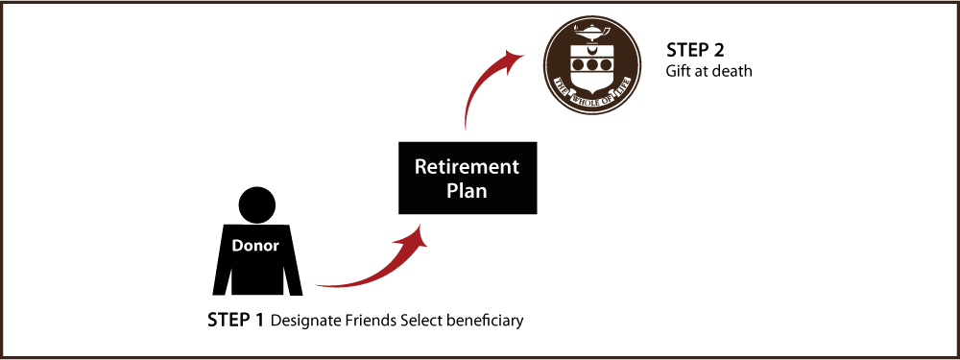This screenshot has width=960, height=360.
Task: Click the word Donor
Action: [x=255, y=246]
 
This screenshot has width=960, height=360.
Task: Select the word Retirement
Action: [x=467, y=167]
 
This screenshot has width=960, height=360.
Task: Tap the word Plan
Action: [x=467, y=191]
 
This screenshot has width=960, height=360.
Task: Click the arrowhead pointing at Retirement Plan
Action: [x=419, y=236]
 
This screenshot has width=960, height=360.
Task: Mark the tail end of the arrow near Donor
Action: [x=317, y=284]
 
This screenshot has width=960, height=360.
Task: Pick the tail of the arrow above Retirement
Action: [x=466, y=128]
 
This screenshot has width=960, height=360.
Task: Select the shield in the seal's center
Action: [x=592, y=69]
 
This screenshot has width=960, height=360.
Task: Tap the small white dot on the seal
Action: [x=588, y=103]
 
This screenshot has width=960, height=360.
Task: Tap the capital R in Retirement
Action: [x=420, y=167]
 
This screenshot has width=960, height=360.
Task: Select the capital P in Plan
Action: [x=452, y=191]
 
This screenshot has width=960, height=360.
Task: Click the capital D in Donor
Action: [x=237, y=246]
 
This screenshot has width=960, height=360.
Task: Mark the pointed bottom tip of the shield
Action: [x=592, y=92]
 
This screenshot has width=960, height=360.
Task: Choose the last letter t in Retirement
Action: [x=516, y=167]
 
